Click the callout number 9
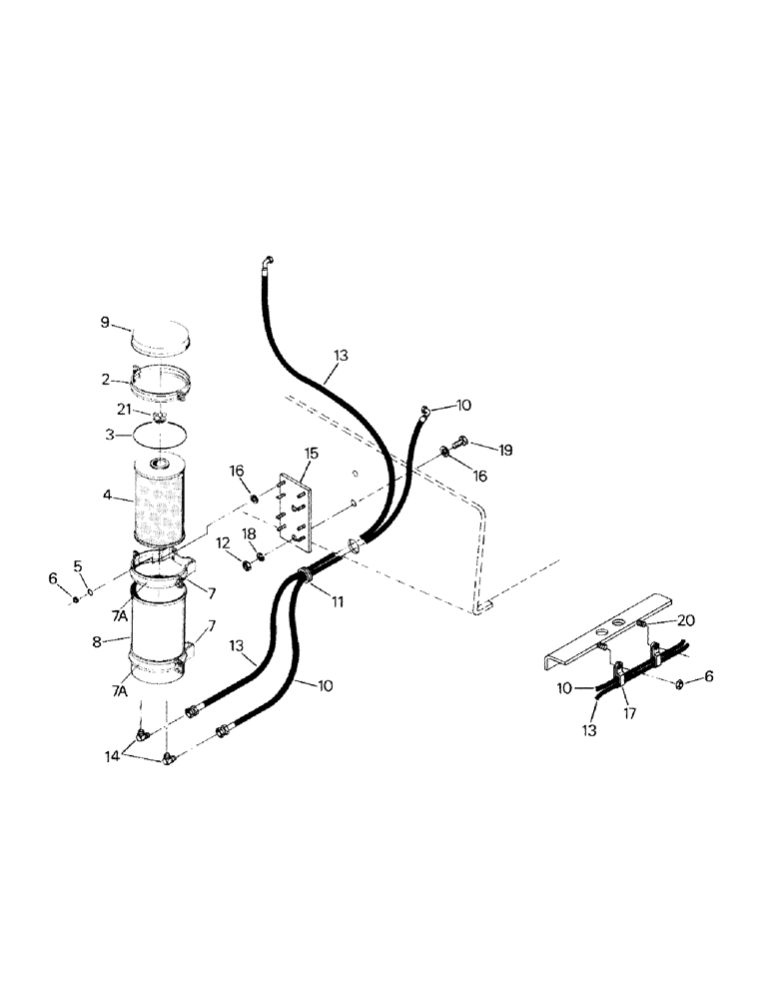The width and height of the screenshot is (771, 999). coord(105,322)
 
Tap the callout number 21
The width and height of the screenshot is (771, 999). coord(122,411)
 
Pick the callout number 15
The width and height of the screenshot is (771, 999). coord(311,454)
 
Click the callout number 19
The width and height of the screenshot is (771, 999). coord(505,451)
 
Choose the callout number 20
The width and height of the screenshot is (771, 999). coord(686,619)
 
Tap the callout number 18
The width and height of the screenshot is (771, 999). coord(250,534)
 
